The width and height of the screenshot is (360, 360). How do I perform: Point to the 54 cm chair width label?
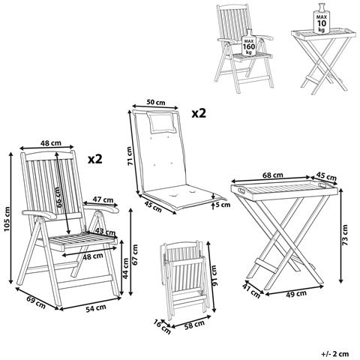tap(95, 308)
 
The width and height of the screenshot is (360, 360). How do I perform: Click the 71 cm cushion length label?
tap(128, 156)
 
